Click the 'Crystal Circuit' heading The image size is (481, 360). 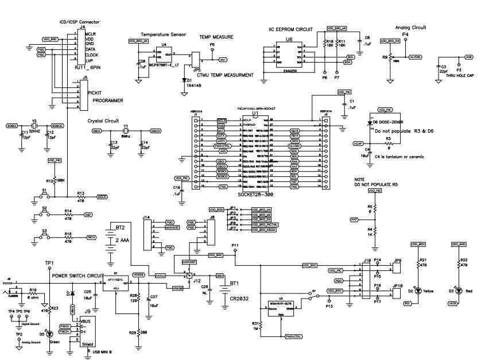pyautogui.click(x=103, y=122)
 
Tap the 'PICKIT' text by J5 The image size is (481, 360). pyautogui.click(x=95, y=92)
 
